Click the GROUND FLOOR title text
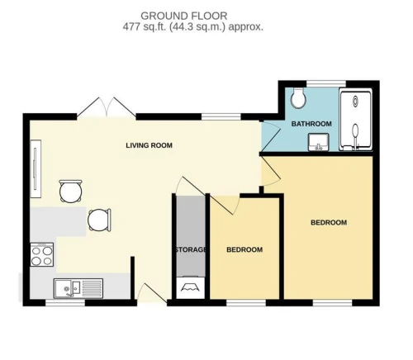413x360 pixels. tap(184, 16)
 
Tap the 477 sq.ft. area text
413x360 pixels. tap(145, 27)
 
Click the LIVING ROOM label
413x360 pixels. tap(150, 145)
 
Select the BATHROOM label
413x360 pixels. tap(311, 124)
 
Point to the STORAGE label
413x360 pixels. tap(191, 249)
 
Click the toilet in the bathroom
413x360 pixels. tap(298, 97)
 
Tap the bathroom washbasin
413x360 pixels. tap(319, 142)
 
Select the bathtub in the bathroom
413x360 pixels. tap(356, 120)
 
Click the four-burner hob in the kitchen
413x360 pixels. tap(42, 254)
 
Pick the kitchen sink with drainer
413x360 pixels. tap(78, 288)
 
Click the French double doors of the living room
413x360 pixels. tap(107, 107)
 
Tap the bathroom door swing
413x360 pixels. tap(271, 136)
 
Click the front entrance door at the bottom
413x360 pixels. tap(152, 293)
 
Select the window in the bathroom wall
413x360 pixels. tap(326, 83)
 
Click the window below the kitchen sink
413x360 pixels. tap(65, 303)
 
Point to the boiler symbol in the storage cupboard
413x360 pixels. tap(190, 287)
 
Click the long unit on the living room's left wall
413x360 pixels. tap(36, 168)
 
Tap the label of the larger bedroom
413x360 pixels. tap(329, 222)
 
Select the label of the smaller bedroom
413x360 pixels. tap(244, 249)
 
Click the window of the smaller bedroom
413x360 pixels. tap(246, 303)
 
